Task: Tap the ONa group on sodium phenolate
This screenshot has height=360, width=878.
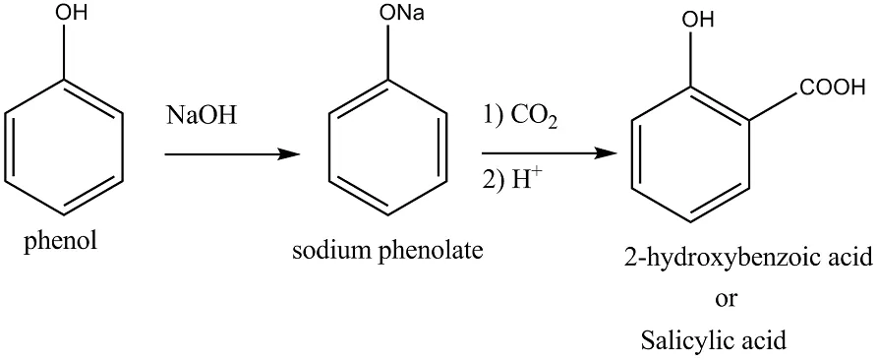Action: [x=401, y=13]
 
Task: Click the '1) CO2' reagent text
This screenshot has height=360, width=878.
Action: [x=520, y=118]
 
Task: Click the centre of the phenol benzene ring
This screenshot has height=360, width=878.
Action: [x=63, y=149]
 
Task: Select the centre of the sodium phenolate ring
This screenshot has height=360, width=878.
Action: [x=388, y=149]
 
